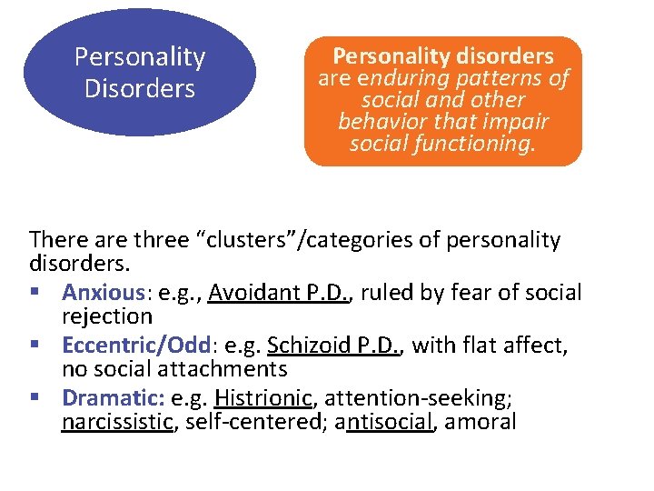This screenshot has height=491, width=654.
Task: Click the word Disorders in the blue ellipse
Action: coord(140,89)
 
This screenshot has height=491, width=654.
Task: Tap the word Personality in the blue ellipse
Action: coord(140,57)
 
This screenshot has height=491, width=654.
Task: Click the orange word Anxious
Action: coord(104,293)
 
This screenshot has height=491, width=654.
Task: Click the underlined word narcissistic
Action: coord(117,421)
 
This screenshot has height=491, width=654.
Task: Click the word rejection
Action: coord(107,316)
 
